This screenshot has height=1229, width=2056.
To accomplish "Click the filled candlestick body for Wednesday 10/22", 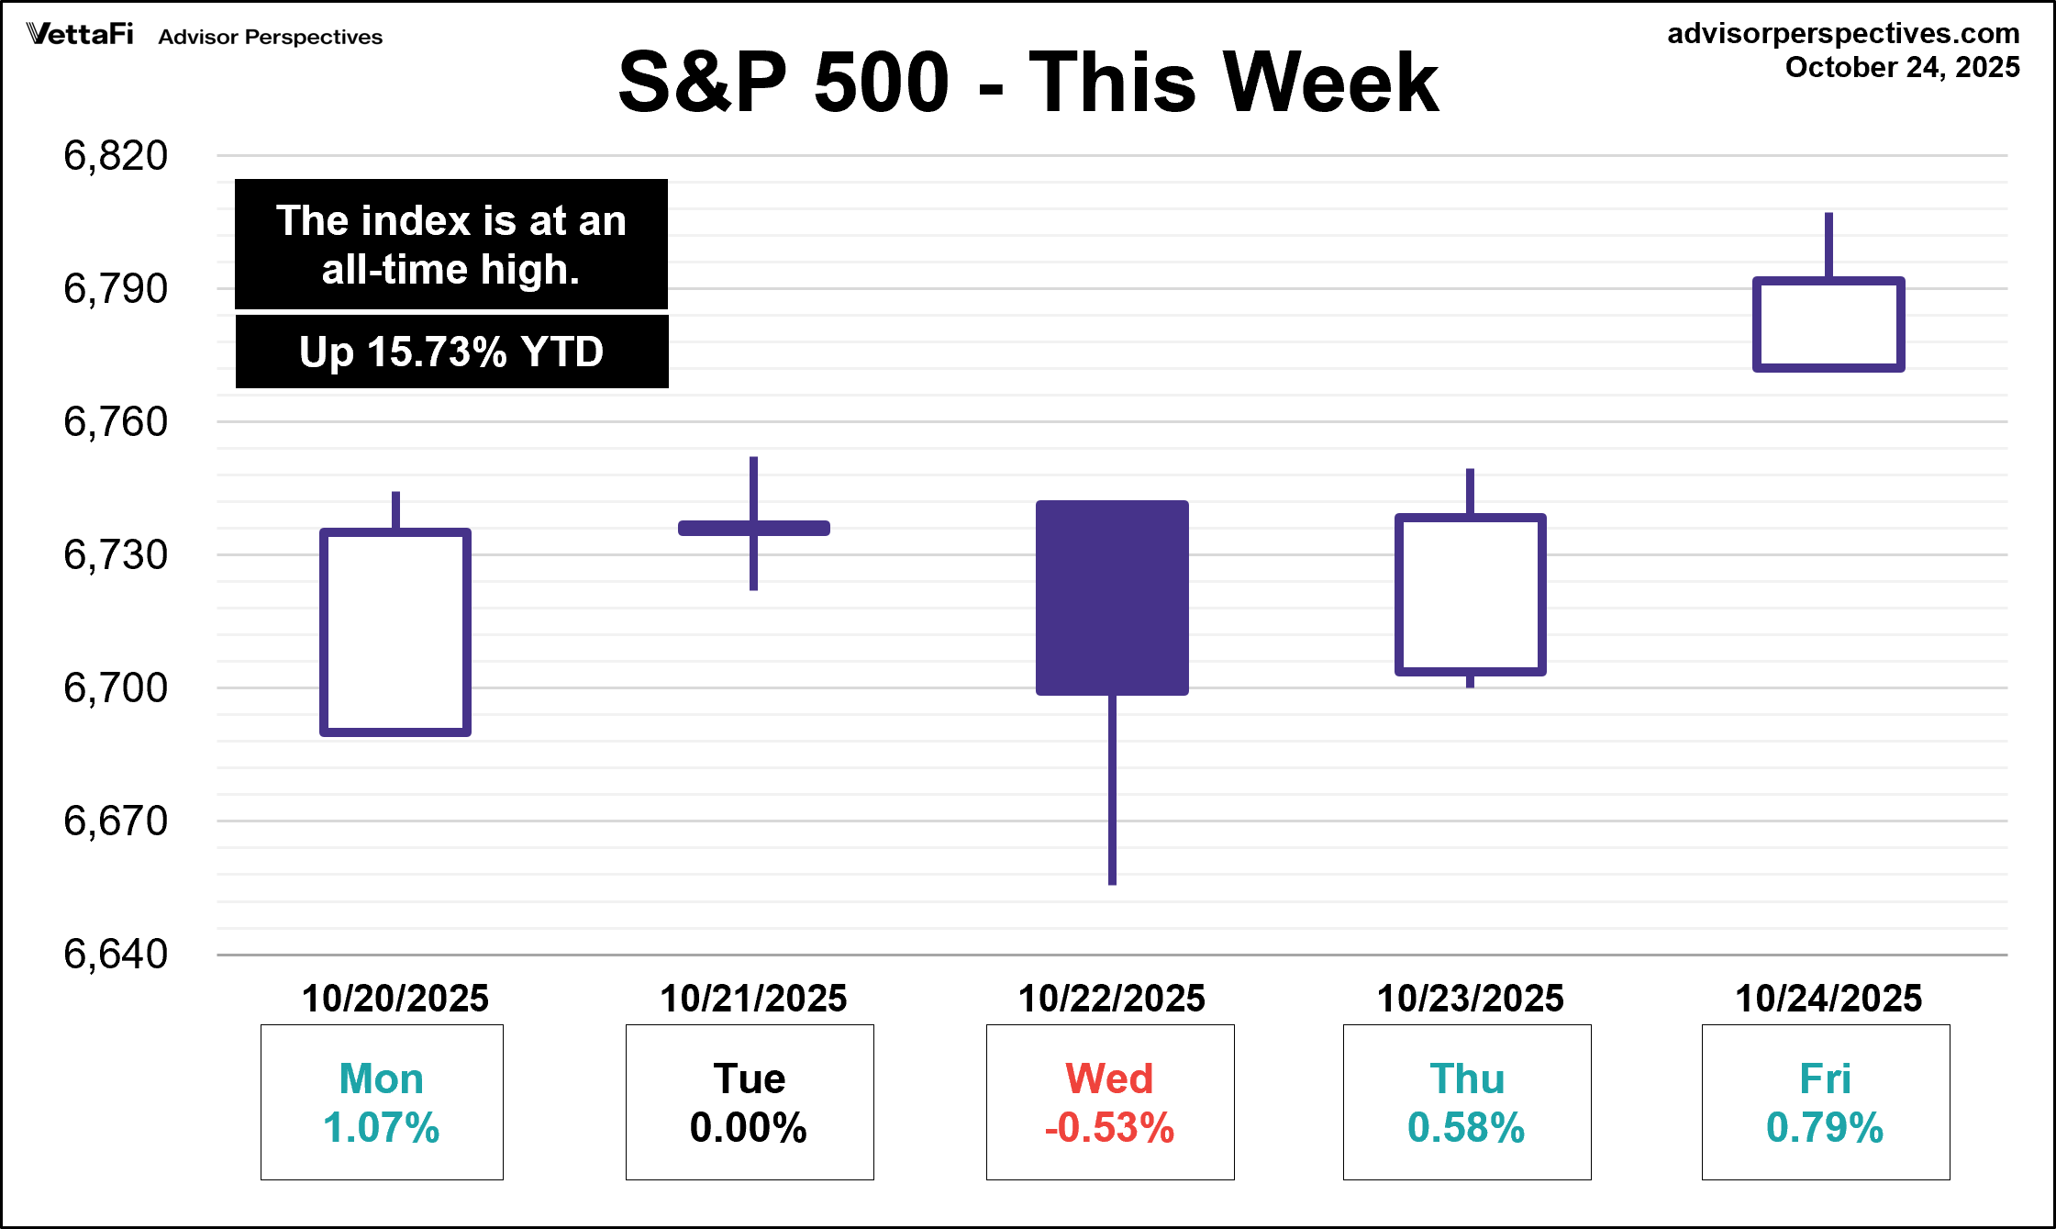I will click(x=1112, y=598).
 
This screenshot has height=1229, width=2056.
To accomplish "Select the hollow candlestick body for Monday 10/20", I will click(x=395, y=631).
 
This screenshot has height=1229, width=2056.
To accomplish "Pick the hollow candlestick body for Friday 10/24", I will click(x=1828, y=324).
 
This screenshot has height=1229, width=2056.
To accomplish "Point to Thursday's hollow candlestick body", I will click(x=1471, y=595).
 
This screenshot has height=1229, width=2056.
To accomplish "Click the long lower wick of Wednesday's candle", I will click(x=1112, y=789).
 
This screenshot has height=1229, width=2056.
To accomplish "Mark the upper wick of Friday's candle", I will click(x=1828, y=245).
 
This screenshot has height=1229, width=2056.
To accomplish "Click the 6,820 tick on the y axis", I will click(x=116, y=156).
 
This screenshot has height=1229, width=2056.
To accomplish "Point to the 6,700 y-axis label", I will click(x=116, y=688).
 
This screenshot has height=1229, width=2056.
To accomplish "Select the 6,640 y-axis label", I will click(x=116, y=955).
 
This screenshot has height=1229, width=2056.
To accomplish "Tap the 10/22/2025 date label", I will click(x=1111, y=999).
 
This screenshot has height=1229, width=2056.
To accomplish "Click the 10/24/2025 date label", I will click(x=1828, y=999).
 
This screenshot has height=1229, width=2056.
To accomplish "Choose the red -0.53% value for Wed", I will click(x=1109, y=1128).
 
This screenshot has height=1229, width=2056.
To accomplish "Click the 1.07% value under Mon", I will click(x=382, y=1128).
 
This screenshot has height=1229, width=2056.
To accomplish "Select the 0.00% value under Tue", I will click(x=749, y=1128).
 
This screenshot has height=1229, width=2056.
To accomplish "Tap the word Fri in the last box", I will click(x=1825, y=1078).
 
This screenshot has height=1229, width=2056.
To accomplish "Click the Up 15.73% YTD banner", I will click(x=451, y=352).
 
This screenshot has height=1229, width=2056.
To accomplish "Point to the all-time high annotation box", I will click(x=451, y=245).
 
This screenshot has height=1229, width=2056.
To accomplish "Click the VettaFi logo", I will click(x=81, y=35).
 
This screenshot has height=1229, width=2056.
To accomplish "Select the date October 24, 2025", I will click(x=1902, y=68).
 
